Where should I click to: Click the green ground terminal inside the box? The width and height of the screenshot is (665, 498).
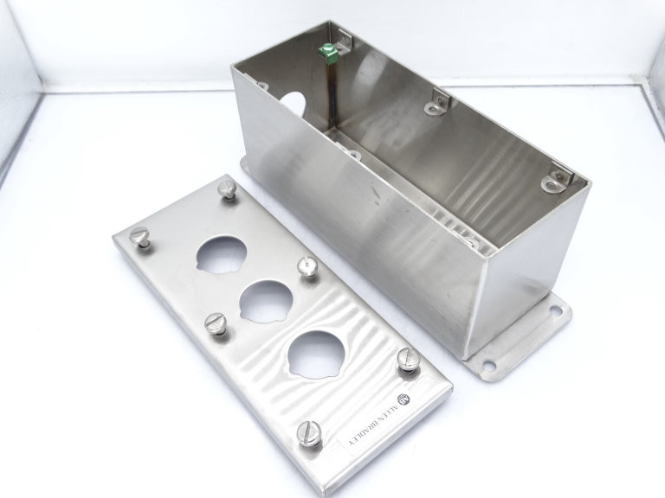[x=328, y=54]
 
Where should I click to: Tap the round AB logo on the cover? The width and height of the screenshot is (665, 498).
[x=402, y=399]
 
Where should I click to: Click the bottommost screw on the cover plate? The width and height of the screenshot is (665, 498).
[x=307, y=432]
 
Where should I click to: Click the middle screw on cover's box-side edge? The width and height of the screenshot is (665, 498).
[x=306, y=266]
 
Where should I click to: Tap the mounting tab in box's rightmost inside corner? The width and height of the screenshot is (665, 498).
[x=556, y=180]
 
